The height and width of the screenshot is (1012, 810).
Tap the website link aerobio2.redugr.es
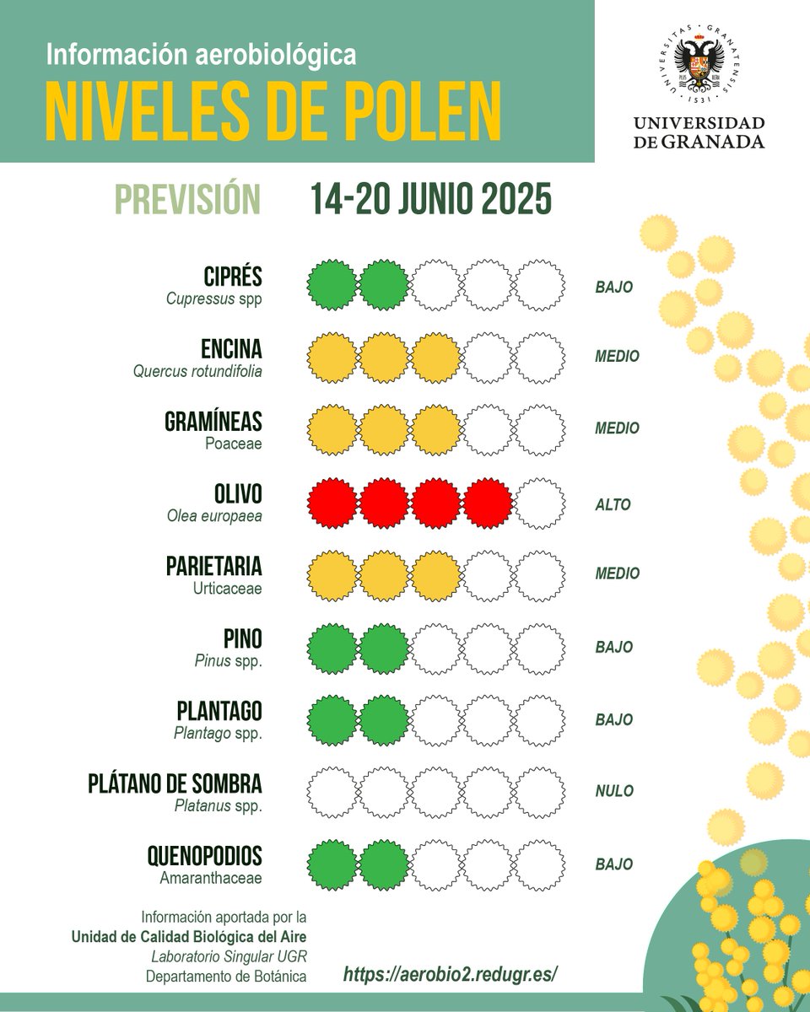(x=451, y=974)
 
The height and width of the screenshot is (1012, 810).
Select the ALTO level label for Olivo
(x=613, y=505)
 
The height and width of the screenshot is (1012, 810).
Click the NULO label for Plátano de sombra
(x=614, y=791)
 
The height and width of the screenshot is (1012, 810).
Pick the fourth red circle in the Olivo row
(x=488, y=504)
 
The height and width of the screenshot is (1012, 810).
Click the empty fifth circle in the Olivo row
(x=540, y=504)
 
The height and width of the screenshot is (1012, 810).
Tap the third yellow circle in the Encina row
(x=435, y=358)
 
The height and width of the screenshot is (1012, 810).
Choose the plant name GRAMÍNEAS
(x=213, y=422)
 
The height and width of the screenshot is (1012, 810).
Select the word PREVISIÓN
(x=187, y=200)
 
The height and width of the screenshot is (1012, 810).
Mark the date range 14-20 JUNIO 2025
(x=430, y=200)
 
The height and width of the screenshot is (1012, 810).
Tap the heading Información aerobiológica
(x=201, y=56)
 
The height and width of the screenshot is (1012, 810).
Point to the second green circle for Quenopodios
(x=384, y=865)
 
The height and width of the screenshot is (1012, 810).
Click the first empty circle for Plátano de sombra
(x=331, y=793)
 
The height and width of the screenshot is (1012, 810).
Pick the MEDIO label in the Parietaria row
(x=617, y=573)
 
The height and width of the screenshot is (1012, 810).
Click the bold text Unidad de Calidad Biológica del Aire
(x=189, y=936)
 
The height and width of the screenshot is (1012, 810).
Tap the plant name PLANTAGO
(x=219, y=711)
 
